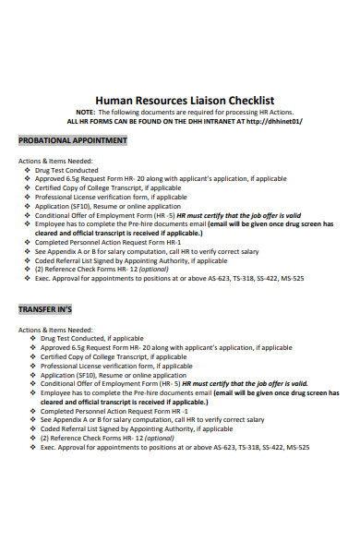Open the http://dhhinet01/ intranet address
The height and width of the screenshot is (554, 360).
tap(271, 121)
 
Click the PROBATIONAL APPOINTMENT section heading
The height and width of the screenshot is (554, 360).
tap(73, 140)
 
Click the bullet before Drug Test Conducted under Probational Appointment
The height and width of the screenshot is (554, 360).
tap(29, 171)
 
